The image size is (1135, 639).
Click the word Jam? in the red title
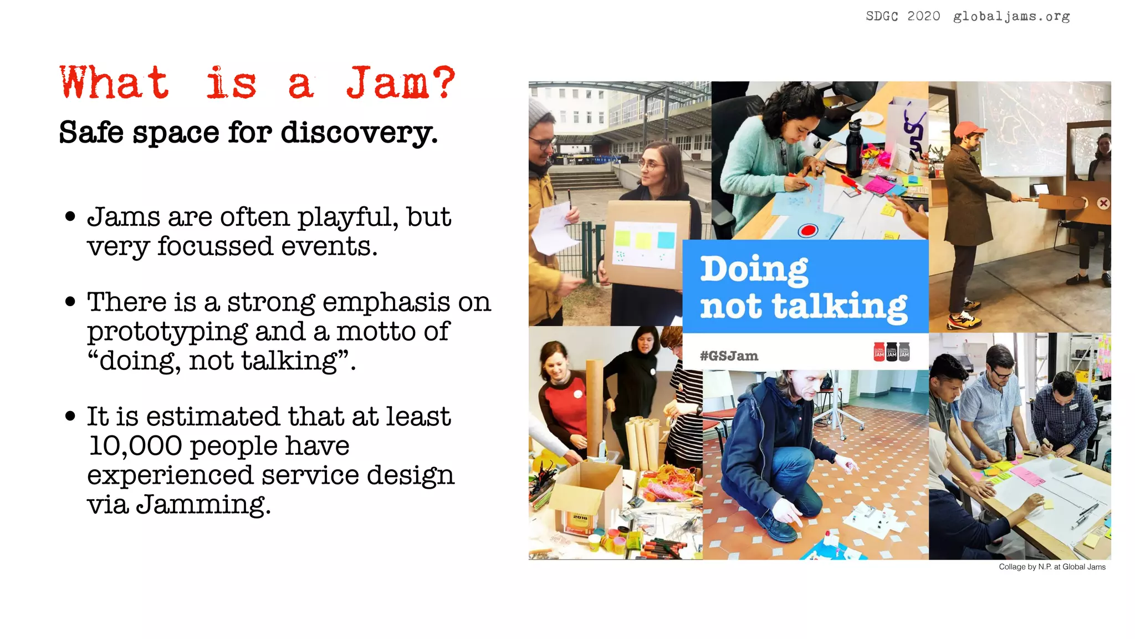tap(400, 83)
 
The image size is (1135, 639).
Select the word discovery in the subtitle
tap(358, 133)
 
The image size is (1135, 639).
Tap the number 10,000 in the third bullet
tap(135, 446)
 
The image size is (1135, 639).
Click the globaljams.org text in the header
tap(1011, 17)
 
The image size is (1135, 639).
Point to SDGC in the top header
tap(882, 17)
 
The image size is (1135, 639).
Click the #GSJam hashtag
tap(729, 356)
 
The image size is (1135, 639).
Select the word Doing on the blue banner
tap(754, 270)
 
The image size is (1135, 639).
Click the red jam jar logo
tap(879, 352)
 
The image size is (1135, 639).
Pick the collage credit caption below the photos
tap(1052, 567)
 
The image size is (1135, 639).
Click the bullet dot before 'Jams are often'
tap(70, 216)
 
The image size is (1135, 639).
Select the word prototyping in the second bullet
tap(167, 332)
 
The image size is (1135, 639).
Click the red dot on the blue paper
tap(808, 230)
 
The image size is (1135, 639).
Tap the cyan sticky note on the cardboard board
tap(666, 240)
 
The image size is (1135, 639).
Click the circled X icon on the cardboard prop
tap(1103, 204)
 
